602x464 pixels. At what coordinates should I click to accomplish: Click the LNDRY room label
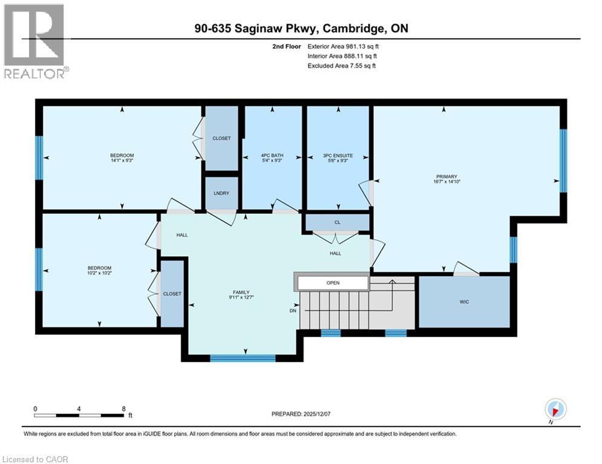click(221, 193)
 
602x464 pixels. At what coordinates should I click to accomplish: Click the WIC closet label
click(464, 301)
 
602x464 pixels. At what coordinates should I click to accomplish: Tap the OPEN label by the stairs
click(332, 282)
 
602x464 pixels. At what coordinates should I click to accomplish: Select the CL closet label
click(338, 222)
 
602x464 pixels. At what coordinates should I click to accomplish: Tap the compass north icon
click(555, 409)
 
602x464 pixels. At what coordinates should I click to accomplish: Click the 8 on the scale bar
click(123, 408)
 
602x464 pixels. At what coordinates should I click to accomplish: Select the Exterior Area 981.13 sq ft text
click(343, 46)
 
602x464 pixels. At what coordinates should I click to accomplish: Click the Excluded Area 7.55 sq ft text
click(341, 65)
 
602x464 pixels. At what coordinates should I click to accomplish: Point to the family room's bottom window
click(243, 358)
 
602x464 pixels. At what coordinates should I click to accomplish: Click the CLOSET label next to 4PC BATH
click(221, 138)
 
